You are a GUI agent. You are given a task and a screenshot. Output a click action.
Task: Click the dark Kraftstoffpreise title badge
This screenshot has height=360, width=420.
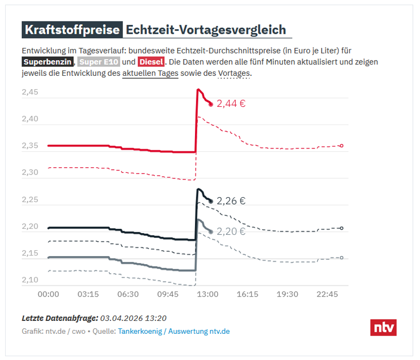(72, 30)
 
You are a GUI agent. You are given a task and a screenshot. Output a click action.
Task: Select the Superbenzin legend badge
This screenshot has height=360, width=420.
(48, 62)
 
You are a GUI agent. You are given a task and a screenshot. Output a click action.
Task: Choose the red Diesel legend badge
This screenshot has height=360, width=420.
(151, 62)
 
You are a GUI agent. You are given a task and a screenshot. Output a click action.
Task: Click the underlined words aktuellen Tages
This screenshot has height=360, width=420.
(150, 74)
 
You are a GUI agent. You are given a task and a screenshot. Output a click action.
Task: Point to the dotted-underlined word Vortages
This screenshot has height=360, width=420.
(234, 74)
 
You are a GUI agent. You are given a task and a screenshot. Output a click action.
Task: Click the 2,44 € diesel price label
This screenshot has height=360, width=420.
(231, 104)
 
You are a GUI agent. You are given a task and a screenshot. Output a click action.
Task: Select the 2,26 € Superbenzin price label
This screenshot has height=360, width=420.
(231, 201)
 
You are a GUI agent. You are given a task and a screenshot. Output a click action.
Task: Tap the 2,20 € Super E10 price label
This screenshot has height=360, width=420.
(231, 232)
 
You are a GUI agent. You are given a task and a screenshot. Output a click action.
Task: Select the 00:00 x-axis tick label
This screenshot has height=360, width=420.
(48, 294)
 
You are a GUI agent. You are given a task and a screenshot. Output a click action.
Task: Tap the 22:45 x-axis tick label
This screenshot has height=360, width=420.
(327, 294)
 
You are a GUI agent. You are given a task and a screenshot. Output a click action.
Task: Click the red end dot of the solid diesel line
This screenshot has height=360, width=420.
(211, 104)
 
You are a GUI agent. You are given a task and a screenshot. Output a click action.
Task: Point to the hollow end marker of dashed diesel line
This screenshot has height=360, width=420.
(341, 146)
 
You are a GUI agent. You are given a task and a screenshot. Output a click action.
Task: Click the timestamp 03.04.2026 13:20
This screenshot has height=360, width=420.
(133, 318)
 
